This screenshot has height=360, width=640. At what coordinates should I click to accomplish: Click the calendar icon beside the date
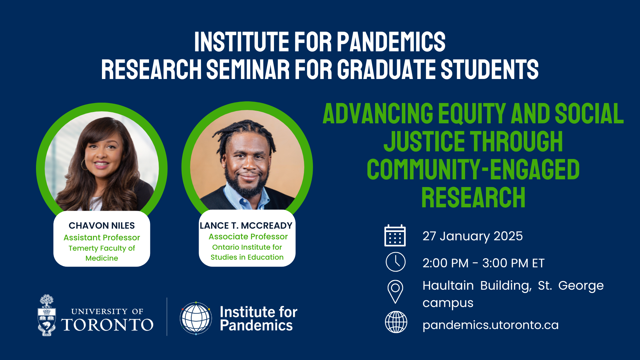tap(395, 235)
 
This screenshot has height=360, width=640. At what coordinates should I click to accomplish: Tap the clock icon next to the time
tap(395, 262)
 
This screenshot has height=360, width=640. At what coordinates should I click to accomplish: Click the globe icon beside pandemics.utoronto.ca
tap(396, 322)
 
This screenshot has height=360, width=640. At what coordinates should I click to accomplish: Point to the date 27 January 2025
tap(473, 236)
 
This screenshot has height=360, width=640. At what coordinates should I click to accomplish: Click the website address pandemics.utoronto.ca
tap(490, 325)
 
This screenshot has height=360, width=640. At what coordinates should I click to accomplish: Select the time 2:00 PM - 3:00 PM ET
tap(483, 263)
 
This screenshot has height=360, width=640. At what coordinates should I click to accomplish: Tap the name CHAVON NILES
tap(102, 226)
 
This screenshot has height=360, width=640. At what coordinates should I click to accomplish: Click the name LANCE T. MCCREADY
tap(246, 226)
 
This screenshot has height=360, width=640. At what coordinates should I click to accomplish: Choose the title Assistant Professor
tap(102, 238)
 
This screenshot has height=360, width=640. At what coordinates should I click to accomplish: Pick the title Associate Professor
tap(248, 237)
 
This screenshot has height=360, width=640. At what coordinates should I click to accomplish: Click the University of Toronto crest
tap(47, 315)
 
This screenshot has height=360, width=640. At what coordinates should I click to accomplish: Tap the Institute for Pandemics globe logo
tap(196, 318)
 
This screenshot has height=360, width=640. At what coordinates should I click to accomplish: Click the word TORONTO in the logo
tap(107, 325)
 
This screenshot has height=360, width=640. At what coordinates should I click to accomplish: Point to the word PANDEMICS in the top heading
tap(391, 42)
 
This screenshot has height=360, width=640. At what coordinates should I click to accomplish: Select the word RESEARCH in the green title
tap(473, 198)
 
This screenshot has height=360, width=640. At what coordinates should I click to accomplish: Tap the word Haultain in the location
tap(448, 286)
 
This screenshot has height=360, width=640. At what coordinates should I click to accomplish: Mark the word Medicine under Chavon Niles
tap(102, 258)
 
